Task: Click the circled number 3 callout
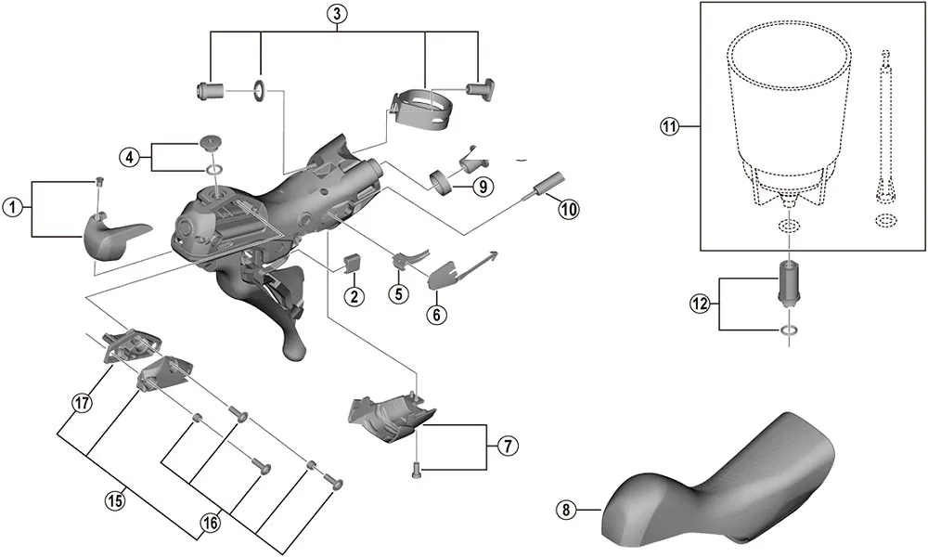(336, 13)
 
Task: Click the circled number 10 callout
(568, 209)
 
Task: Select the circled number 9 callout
(481, 186)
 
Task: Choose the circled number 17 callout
(83, 402)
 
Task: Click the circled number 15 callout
(113, 501)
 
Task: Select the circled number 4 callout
(131, 156)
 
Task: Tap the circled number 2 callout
(354, 297)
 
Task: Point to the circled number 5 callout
(398, 294)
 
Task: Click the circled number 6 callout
(436, 314)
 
